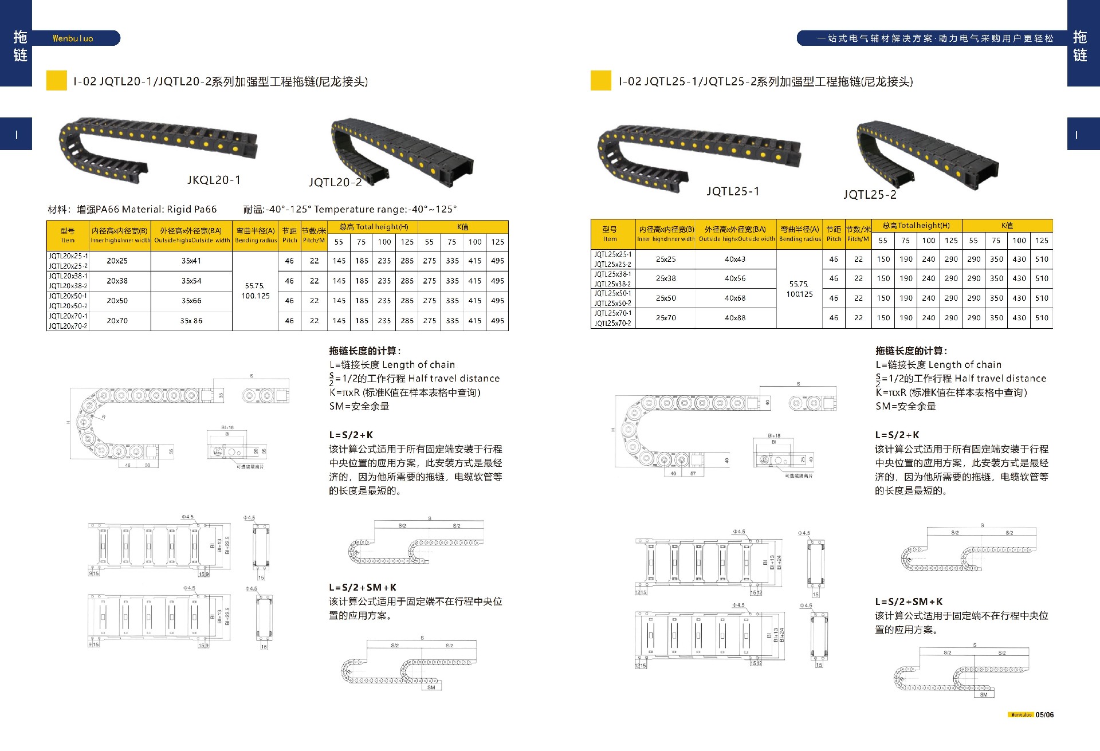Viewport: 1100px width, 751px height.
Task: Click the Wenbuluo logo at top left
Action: coord(73,38)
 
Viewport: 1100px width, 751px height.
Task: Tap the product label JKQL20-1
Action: coord(214,180)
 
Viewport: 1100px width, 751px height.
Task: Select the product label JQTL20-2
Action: coord(335,182)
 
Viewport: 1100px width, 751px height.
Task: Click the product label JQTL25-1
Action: coord(733,191)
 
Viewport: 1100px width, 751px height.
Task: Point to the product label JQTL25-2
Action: coord(870,195)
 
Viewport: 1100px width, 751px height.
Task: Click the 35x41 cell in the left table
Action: coord(191,261)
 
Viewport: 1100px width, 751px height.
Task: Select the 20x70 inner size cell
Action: coord(117,321)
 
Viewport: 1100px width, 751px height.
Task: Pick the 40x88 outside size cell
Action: coord(735,318)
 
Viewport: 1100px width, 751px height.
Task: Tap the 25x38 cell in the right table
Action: coord(666,278)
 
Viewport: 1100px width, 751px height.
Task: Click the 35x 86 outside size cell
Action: coord(191,321)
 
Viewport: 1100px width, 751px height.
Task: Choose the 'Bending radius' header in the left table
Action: coord(256,241)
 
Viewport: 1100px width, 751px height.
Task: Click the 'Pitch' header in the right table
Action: coord(834,239)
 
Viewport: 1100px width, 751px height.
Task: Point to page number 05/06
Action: coord(1044,715)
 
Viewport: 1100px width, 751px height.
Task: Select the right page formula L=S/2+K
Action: coord(897,435)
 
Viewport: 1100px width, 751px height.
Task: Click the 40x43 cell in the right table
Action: coord(735,259)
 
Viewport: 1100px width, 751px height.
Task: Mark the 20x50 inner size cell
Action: coord(117,301)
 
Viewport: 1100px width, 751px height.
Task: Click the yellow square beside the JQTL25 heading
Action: coord(600,80)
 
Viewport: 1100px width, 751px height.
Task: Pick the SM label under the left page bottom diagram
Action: coord(431,687)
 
